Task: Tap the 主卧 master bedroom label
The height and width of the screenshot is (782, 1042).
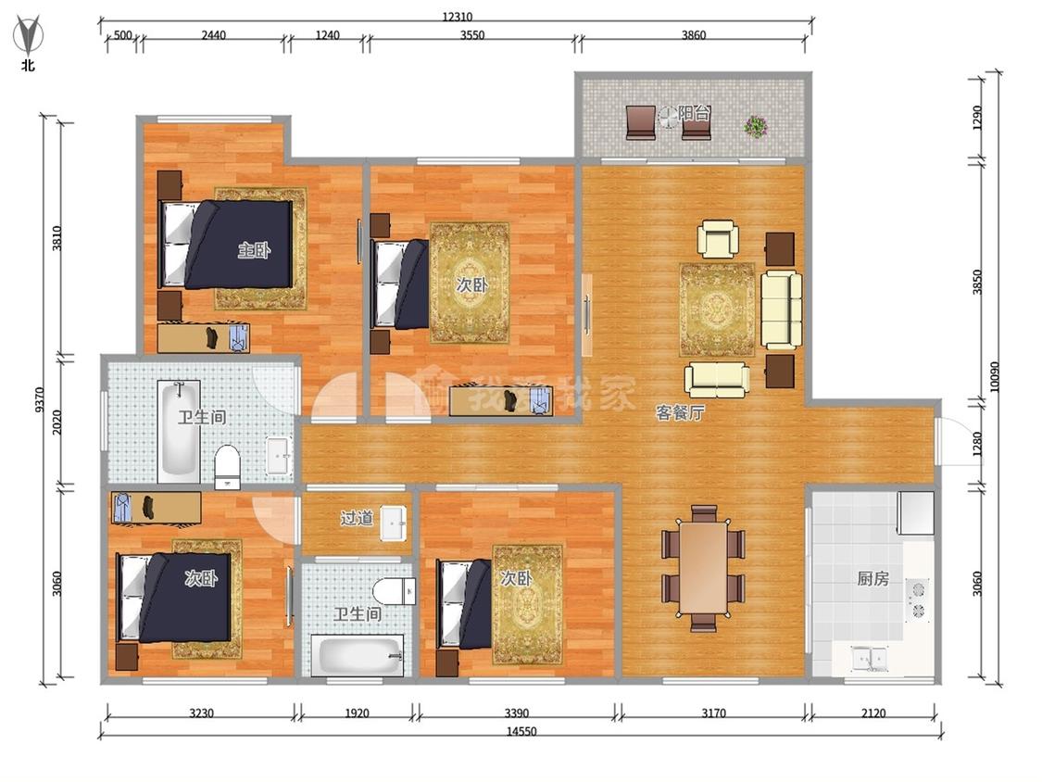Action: coord(254,250)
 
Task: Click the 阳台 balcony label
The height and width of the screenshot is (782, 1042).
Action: coord(694,113)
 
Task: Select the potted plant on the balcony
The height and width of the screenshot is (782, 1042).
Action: coord(755,126)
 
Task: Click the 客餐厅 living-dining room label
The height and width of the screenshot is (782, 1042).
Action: coord(679,413)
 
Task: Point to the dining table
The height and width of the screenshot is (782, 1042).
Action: coord(703,568)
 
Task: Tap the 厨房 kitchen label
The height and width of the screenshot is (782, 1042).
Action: coord(873,578)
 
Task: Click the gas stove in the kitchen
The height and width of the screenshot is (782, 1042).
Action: coord(919,599)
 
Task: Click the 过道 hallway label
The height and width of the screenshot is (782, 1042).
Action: coord(357,517)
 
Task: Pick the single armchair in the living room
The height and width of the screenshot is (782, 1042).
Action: coord(718,239)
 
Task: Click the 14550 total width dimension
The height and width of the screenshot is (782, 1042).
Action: coord(521,731)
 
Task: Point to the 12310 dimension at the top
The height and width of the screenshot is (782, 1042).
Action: coord(458,18)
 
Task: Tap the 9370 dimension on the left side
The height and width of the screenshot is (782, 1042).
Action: coord(39,400)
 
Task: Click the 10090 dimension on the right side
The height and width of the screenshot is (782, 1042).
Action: coord(994,377)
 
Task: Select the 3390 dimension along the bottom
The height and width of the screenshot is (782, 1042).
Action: coord(516,713)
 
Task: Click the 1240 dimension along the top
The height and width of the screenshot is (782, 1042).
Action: coord(327,34)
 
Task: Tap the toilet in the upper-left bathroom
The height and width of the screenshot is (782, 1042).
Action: coord(227,467)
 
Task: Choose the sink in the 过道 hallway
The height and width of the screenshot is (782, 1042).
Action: coord(395,524)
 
